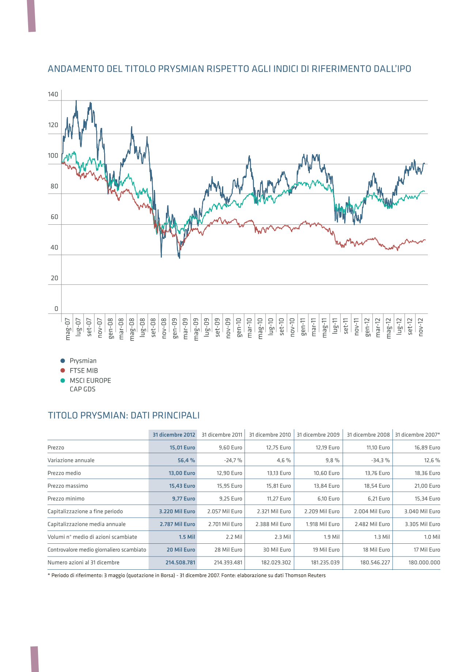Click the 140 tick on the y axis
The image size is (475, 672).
(x=53, y=94)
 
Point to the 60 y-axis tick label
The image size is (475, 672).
(x=54, y=217)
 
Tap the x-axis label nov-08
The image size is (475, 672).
(x=164, y=328)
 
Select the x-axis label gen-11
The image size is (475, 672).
(x=303, y=327)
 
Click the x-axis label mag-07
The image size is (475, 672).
(x=68, y=329)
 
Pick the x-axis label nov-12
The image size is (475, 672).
(x=421, y=327)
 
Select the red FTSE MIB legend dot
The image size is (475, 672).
(x=62, y=371)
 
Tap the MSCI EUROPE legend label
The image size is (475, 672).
(x=90, y=380)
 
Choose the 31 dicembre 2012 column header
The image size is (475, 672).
(x=174, y=435)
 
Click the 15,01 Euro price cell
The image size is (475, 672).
(x=182, y=448)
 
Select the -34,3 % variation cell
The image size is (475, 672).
(x=380, y=460)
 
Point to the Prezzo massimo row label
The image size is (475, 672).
(x=68, y=486)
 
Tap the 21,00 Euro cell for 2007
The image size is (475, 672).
(x=427, y=486)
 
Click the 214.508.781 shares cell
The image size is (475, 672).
(x=180, y=563)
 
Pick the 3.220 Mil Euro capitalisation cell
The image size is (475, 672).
(x=177, y=512)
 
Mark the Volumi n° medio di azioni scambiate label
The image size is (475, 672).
(x=92, y=537)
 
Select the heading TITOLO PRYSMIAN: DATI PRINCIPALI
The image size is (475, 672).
(x=124, y=415)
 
